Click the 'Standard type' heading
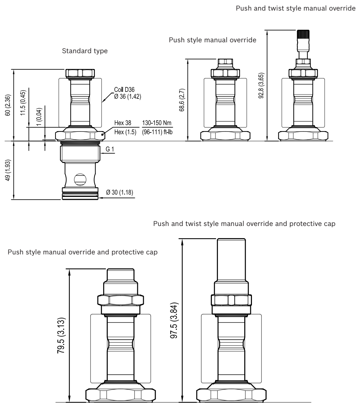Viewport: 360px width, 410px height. (x=85, y=51)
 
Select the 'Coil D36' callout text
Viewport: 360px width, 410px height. (x=124, y=90)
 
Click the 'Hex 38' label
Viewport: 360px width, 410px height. (x=123, y=123)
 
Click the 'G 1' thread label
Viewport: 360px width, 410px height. (x=110, y=150)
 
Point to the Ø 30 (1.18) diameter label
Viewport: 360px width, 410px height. (x=119, y=193)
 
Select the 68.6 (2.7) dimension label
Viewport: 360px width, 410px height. (x=182, y=100)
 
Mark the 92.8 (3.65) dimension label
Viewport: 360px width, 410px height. (x=261, y=85)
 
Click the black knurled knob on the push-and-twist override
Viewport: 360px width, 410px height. (x=302, y=34)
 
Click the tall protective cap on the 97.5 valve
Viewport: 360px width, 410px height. (x=231, y=259)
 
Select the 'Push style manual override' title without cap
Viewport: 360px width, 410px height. (x=213, y=40)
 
